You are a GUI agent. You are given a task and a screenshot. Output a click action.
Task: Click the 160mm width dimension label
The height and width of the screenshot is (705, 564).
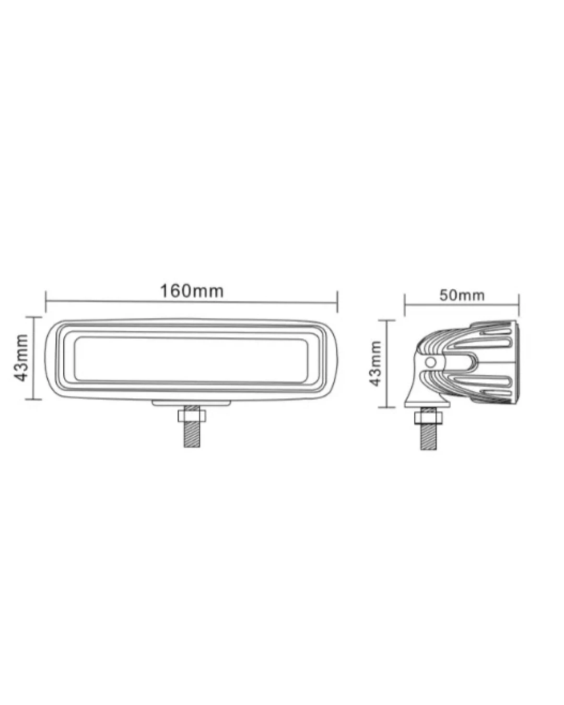tap(191, 291)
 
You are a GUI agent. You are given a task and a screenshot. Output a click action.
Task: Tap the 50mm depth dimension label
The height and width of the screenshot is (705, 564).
tap(462, 296)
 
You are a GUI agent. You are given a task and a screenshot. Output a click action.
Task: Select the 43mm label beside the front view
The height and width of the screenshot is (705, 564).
tap(21, 358)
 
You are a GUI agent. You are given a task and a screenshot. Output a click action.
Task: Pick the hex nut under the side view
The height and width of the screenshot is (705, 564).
tap(428, 418)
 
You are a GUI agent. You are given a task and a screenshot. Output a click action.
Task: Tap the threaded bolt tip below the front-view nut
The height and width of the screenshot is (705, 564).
tap(192, 434)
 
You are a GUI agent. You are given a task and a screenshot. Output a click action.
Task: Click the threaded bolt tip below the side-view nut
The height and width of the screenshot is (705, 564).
tap(428, 437)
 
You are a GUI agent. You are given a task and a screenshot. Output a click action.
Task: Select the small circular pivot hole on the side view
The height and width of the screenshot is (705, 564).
tap(431, 362)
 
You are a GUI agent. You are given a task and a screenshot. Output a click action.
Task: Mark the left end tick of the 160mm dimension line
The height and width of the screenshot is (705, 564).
tap(46, 301)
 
